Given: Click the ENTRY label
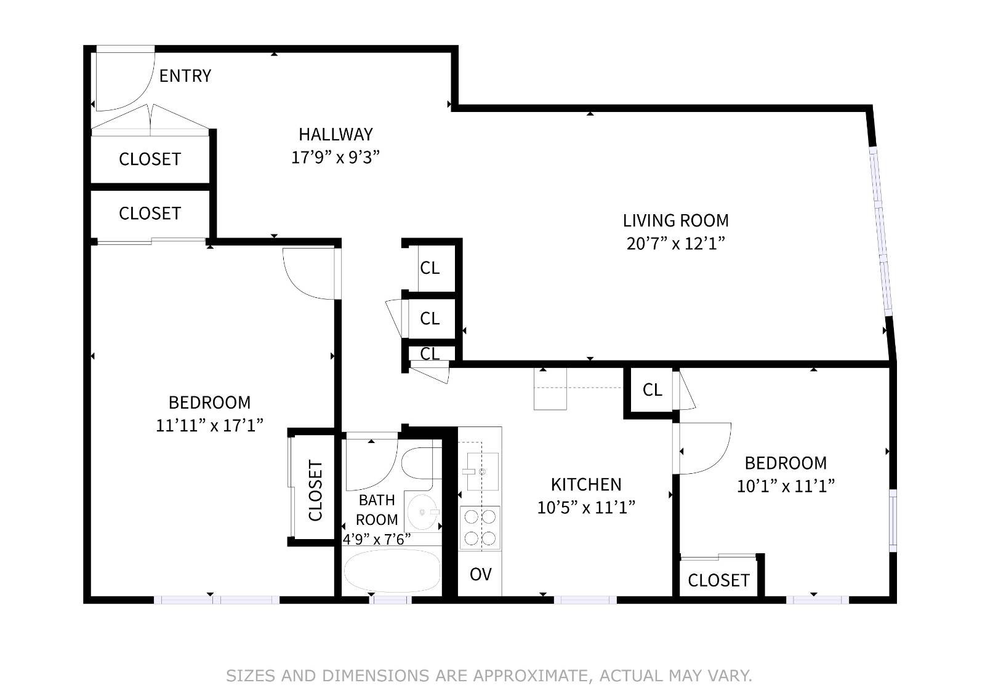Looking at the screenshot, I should pos(185,76).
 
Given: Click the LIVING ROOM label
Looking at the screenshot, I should pos(675,220).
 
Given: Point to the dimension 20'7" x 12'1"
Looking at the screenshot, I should pos(675,244).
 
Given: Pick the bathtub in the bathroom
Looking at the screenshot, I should pos(392,571).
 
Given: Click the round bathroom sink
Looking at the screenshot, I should pos(421,511).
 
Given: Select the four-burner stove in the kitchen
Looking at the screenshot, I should pos(480,527).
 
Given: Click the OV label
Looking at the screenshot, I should pos(480,575).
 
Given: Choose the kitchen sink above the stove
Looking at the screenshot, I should pos(482,471).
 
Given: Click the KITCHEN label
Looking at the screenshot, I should pos(585,484).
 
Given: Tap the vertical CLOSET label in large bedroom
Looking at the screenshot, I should pos(315,490).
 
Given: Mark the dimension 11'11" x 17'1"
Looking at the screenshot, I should pos(209,425).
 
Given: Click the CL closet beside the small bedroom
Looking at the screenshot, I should pos(652,390).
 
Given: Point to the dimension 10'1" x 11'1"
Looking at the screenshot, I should pos(786,486).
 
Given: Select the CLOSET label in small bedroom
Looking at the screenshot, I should pos(718,580).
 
